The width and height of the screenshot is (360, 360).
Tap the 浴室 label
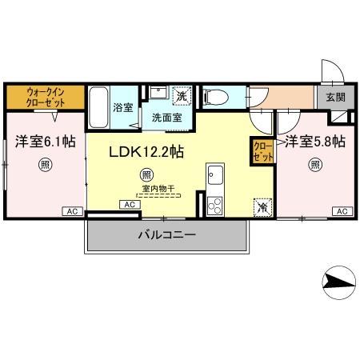[122, 106]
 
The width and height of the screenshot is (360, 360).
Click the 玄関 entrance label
[336, 96]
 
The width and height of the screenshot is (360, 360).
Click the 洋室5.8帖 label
[315, 142]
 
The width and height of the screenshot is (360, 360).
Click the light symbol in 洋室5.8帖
[316, 166]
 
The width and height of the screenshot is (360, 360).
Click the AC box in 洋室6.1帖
[72, 211]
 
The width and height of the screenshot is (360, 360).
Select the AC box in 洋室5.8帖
[342, 211]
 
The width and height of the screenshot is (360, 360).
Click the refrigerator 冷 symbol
[263, 206]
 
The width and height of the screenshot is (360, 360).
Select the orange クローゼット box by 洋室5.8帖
[262, 151]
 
